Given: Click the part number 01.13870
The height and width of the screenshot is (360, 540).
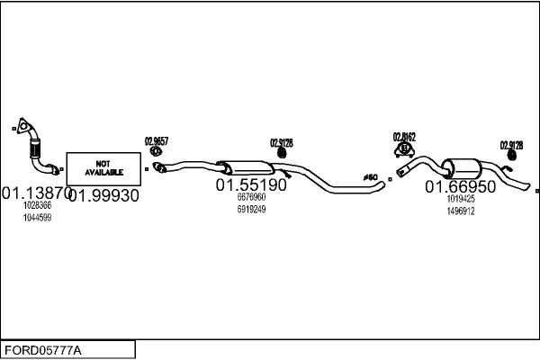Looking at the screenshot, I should [34, 193].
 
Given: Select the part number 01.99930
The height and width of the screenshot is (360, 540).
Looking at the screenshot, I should [103, 195].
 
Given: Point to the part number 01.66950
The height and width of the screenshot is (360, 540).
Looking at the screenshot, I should [461, 186].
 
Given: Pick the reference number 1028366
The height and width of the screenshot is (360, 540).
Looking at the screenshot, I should [37, 206].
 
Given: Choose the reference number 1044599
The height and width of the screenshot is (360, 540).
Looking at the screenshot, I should [37, 217].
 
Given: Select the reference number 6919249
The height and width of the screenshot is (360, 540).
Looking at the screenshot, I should [250, 209].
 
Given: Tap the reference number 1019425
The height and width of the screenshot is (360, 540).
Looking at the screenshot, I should [460, 199].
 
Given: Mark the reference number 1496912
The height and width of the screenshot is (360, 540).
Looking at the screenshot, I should [460, 211].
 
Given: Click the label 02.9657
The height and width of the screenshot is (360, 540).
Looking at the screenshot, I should [156, 140].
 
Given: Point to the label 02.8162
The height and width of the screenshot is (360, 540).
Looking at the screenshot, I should [404, 137].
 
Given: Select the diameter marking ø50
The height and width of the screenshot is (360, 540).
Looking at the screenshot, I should [369, 176].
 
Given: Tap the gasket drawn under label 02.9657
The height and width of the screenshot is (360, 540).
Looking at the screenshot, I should [155, 154].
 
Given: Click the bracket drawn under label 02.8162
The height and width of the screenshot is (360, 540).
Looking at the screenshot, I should [404, 148].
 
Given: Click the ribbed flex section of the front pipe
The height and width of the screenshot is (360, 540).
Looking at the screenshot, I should [37, 146].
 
